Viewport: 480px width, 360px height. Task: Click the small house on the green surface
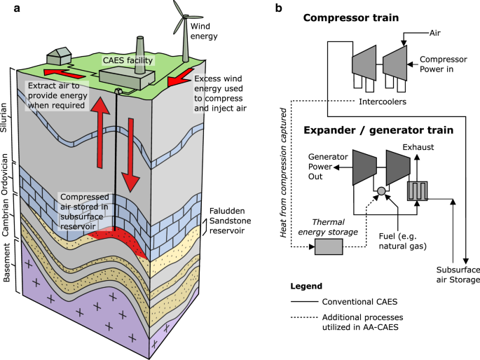(59, 56)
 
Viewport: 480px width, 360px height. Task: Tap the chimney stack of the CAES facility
(139, 55)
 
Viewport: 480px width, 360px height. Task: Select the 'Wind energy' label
(204, 32)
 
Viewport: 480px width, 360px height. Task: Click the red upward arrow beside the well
(100, 132)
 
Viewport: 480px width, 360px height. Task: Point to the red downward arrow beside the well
(131, 155)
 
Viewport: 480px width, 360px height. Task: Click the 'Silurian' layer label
(4, 118)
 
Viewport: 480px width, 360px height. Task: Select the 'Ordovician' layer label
(4, 174)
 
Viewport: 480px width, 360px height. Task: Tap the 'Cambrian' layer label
(5, 216)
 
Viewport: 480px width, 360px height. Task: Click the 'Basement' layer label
(6, 263)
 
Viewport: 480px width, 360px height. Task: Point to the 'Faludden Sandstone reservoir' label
(230, 221)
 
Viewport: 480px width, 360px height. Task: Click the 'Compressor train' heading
(351, 18)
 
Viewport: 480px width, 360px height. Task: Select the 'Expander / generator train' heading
(378, 130)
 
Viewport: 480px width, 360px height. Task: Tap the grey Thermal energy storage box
(329, 247)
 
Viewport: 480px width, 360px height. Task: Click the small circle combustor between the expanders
(381, 191)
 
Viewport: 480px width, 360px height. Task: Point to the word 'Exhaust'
(418, 147)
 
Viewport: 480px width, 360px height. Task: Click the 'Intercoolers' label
(383, 102)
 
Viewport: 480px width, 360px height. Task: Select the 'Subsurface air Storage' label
(458, 275)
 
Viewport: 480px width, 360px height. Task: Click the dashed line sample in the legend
(304, 317)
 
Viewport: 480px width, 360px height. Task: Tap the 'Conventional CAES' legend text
(359, 302)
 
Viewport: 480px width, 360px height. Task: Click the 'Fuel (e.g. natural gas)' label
(402, 241)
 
